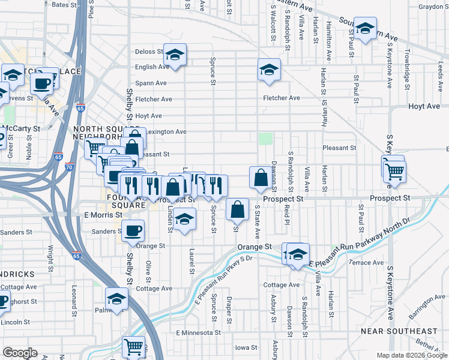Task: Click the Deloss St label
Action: (x=149, y=52)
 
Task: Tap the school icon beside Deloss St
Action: (x=175, y=55)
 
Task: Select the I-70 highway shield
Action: (x=70, y=167)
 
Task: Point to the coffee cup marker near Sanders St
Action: (x=133, y=230)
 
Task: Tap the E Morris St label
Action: (x=103, y=214)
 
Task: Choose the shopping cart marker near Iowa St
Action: (x=134, y=347)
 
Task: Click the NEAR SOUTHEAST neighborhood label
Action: (x=408, y=331)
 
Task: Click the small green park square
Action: (x=265, y=139)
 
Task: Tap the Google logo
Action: (x=20, y=353)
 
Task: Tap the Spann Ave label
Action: (x=152, y=83)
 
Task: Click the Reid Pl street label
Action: (x=287, y=213)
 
